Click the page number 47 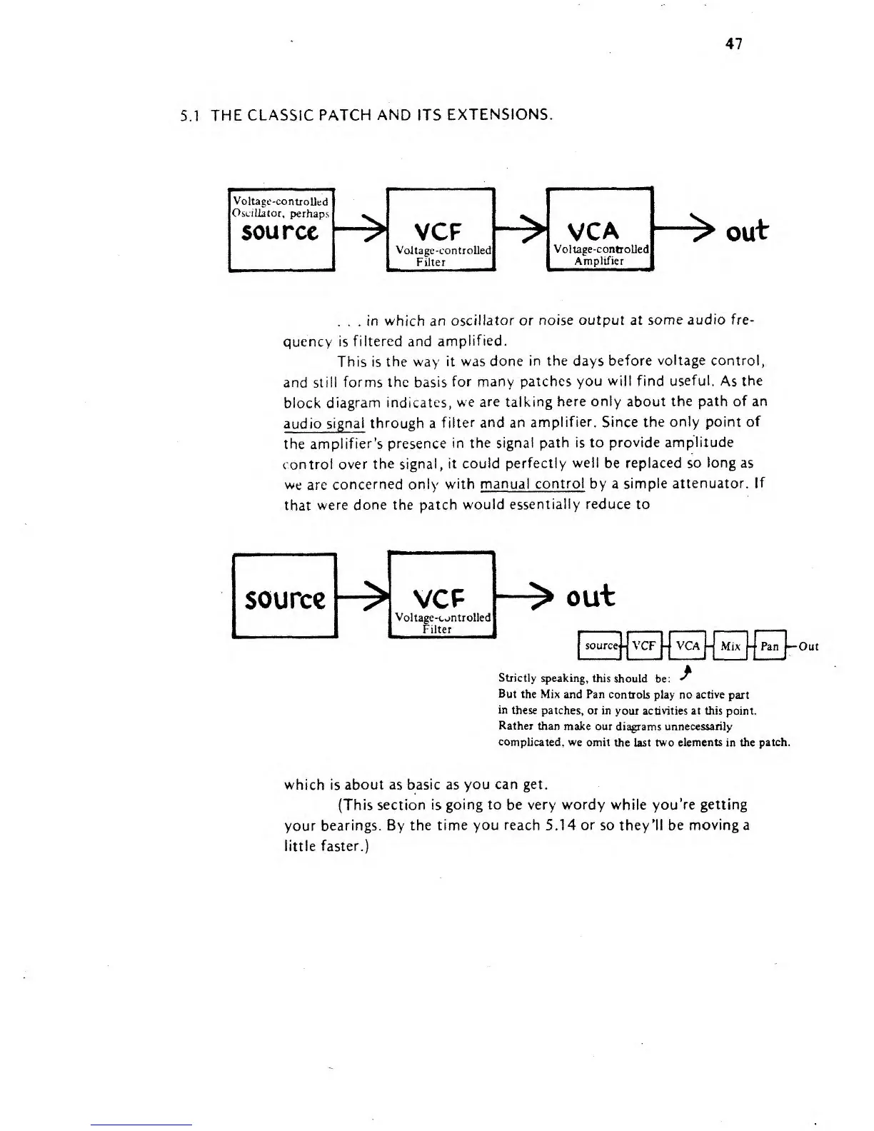point(734,44)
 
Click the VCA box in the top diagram point(600,228)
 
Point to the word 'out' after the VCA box point(746,230)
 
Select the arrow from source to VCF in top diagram point(361,230)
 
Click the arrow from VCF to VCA point(521,230)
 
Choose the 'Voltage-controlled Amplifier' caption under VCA point(600,255)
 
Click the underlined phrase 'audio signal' point(324,423)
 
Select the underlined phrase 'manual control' point(532,484)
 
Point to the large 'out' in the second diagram point(590,595)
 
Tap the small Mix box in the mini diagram point(730,646)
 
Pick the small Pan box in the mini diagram point(769,646)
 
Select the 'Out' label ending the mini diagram point(808,647)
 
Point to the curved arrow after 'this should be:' point(687,673)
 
